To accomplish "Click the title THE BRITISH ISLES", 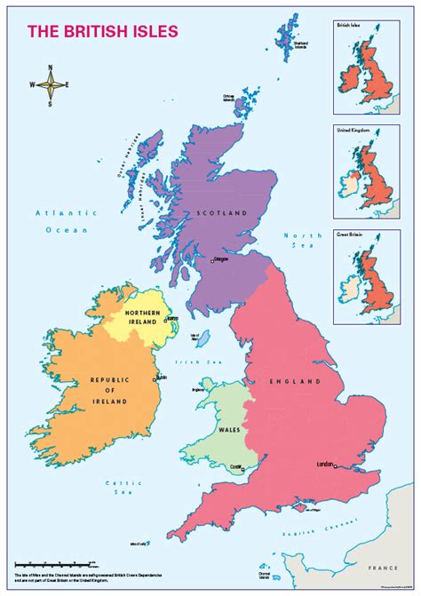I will tap(103, 31).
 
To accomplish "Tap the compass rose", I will tap(52, 85).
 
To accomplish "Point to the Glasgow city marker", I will tap(212, 260).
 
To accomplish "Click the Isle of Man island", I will tap(203, 340).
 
